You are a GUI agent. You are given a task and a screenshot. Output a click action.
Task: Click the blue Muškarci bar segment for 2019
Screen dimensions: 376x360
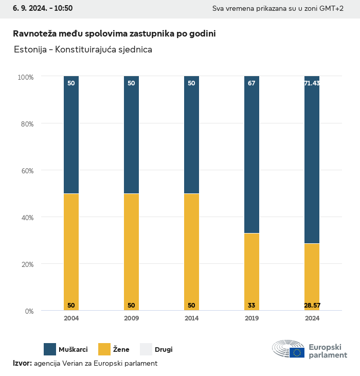(x=251, y=154)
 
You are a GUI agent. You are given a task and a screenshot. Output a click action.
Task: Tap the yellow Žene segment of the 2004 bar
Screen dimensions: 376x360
(x=71, y=252)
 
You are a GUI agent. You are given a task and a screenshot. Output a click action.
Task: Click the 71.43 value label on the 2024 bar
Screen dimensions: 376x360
(x=312, y=83)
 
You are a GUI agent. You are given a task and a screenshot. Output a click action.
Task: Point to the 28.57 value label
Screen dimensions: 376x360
(x=312, y=306)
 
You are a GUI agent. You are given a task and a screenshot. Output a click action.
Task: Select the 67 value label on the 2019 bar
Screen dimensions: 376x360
(x=251, y=83)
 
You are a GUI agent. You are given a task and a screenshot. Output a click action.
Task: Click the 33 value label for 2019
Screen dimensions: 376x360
(x=251, y=306)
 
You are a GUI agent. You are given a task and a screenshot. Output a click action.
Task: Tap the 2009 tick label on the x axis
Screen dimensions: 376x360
(x=131, y=318)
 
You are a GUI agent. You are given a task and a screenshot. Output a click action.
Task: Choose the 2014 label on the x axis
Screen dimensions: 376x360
(x=191, y=318)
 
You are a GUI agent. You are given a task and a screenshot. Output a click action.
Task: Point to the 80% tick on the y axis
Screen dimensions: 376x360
(x=26, y=124)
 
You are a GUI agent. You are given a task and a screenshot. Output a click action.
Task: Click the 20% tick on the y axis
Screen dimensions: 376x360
(x=26, y=264)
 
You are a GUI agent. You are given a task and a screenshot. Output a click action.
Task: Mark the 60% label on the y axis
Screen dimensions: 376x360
(x=26, y=171)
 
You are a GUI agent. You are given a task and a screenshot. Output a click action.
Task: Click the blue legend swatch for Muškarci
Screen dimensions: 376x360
(x=50, y=349)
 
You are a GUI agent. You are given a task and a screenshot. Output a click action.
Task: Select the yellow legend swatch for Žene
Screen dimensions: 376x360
(x=104, y=349)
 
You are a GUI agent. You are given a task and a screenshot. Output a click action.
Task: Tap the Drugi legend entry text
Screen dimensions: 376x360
(x=164, y=350)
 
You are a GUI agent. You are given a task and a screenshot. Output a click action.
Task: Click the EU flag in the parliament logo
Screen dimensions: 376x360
(x=297, y=352)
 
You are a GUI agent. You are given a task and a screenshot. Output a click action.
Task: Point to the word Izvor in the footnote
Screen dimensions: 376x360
(x=22, y=363)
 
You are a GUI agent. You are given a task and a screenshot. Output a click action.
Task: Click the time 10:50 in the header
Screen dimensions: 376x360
(x=63, y=8)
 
